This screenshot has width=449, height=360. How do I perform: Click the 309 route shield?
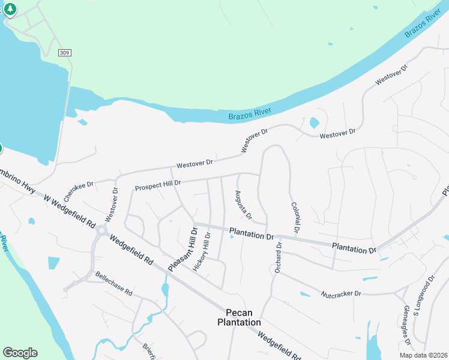(x=65, y=53)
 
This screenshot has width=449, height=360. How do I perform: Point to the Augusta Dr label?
(x=243, y=204)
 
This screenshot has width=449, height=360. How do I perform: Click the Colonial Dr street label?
(x=295, y=218)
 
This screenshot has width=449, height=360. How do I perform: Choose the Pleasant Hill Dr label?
(x=182, y=248)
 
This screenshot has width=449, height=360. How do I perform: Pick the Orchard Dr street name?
(x=278, y=257)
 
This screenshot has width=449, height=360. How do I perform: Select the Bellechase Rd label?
(x=113, y=284)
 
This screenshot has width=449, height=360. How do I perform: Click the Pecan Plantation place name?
(x=239, y=317)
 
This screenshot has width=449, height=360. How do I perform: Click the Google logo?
(x=20, y=353)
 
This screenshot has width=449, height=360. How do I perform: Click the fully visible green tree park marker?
(x=11, y=10)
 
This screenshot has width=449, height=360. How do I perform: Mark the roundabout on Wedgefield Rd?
(x=102, y=230)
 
